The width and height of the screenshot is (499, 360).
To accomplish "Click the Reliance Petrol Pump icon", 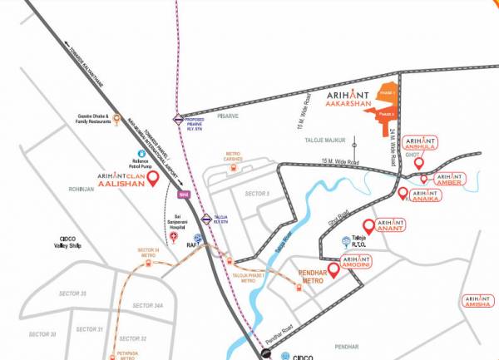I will pyautogui.click(x=142, y=154).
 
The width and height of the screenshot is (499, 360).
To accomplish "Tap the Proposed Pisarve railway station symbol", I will pyautogui.click(x=178, y=119).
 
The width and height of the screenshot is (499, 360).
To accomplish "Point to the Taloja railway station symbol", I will pyautogui.click(x=205, y=220).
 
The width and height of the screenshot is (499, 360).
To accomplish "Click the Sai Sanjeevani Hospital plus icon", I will pyautogui.click(x=173, y=237).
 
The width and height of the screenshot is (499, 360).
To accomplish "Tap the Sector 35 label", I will pyautogui.click(x=72, y=293).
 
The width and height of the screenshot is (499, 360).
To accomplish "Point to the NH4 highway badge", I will pyautogui.click(x=183, y=195).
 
